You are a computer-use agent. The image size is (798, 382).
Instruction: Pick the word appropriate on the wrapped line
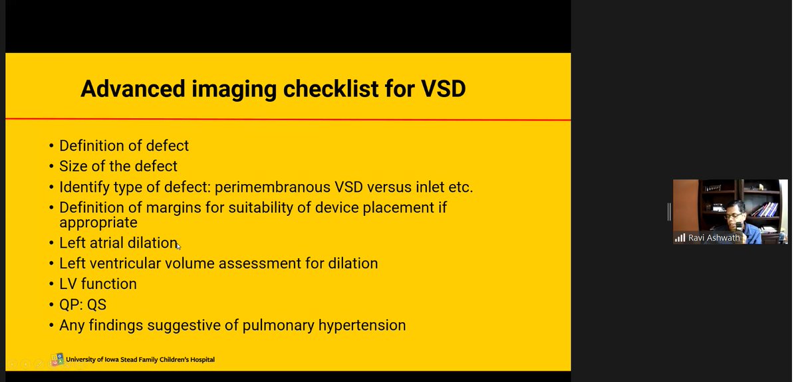(98, 223)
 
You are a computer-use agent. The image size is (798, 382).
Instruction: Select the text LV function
(98, 284)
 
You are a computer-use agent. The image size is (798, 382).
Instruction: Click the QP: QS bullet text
(82, 305)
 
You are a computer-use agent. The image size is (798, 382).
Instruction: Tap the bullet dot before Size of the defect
(52, 167)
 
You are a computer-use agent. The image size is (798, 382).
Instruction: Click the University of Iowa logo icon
(58, 359)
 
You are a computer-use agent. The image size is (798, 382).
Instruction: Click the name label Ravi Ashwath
(714, 238)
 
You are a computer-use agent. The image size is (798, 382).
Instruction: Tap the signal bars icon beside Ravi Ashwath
(680, 238)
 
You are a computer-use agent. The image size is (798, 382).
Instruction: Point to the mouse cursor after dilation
(178, 246)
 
